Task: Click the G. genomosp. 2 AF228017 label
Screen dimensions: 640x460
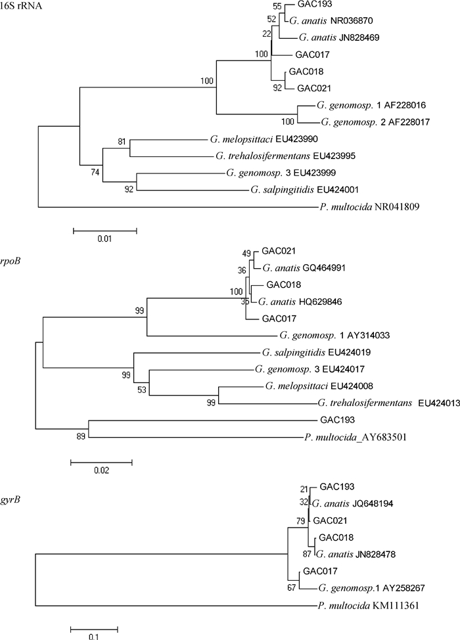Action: [x=362, y=122]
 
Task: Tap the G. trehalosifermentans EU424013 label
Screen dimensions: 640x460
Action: [x=377, y=402]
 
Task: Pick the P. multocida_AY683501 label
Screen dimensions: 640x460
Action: [x=356, y=436]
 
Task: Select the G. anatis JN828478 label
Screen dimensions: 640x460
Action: [x=354, y=554]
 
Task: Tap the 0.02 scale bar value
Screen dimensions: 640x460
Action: [x=101, y=470]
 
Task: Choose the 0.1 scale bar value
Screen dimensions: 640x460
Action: [x=94, y=636]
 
